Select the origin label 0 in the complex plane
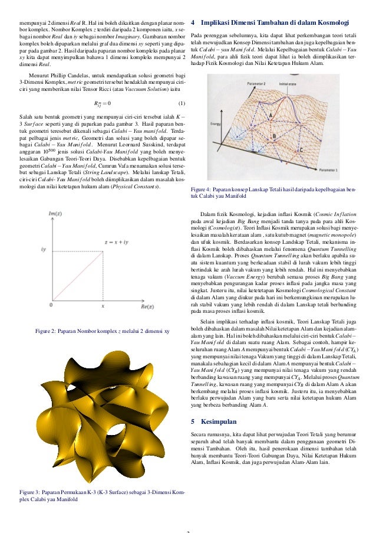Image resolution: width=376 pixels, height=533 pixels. (x=51, y=306)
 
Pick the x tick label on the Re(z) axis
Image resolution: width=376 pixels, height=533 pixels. (x=103, y=306)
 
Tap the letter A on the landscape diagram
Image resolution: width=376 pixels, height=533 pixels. (x=271, y=115)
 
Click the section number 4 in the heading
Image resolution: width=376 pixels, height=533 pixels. (x=194, y=23)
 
